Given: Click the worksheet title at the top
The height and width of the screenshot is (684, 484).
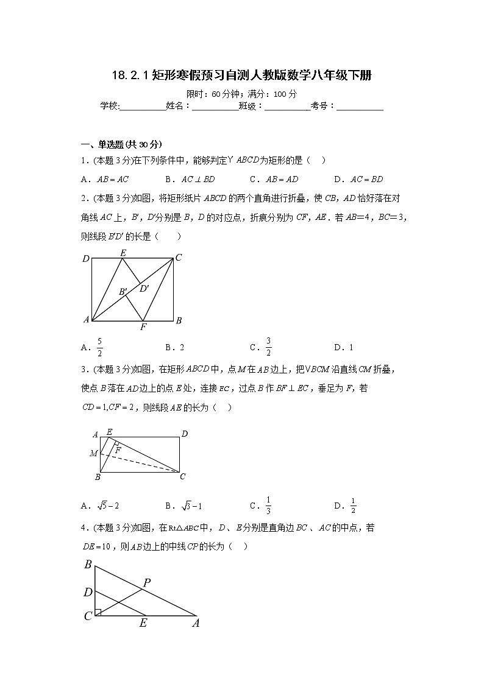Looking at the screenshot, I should tap(241, 76).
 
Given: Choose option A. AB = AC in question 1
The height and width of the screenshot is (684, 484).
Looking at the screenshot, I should tap(105, 179).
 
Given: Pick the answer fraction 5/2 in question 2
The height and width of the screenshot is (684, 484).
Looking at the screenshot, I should tap(99, 347).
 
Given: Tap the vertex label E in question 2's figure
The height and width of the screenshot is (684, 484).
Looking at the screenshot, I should tap(123, 252).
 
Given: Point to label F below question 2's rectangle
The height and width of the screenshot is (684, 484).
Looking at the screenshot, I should tap(143, 327).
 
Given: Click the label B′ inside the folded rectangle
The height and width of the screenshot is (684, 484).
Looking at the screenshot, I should tap(123, 292).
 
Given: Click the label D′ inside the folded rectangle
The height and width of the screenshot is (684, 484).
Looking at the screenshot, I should tap(144, 288).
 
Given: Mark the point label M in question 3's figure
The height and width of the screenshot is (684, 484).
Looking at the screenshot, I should tap(94, 453).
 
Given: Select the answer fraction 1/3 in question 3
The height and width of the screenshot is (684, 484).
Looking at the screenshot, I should tap(268, 506).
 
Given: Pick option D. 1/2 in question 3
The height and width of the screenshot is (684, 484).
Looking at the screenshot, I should tap(353, 506).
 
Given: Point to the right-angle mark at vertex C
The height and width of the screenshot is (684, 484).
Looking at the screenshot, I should tap(98, 612).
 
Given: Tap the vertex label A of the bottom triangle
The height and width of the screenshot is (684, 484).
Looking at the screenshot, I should tap(196, 623).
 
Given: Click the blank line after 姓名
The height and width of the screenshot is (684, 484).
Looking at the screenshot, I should tap(215, 106).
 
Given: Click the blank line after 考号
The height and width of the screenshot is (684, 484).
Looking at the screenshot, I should tap(360, 106).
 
